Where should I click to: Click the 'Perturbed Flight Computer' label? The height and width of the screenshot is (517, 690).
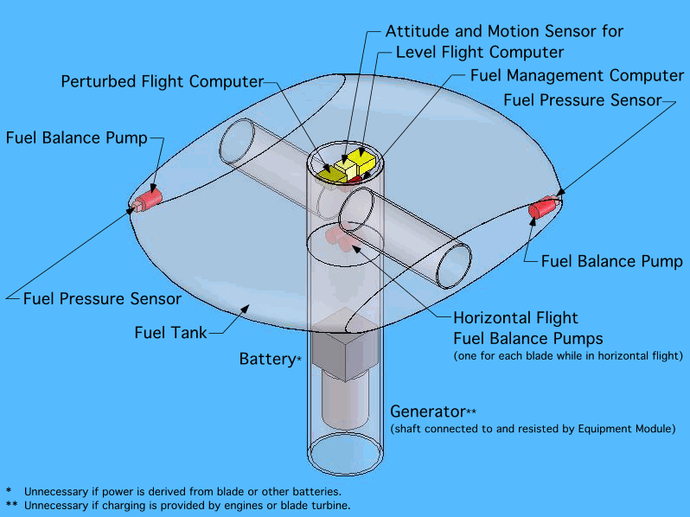tap(162, 81)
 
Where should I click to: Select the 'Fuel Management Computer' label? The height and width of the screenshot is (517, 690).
tap(577, 75)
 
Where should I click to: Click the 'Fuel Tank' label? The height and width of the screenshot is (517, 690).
tap(170, 332)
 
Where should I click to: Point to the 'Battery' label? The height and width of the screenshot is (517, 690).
tap(267, 358)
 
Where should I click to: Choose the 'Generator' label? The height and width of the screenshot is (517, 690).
tap(427, 411)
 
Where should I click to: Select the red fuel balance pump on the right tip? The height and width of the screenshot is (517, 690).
tap(544, 207)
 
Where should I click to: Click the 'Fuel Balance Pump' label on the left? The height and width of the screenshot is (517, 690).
tap(77, 137)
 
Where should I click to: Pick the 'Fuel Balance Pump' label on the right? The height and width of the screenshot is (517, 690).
tap(612, 260)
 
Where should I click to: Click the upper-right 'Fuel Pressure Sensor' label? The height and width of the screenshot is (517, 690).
tap(582, 100)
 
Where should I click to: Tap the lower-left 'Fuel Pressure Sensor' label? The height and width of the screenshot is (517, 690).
tap(102, 299)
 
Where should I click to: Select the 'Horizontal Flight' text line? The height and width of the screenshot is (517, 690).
tap(515, 318)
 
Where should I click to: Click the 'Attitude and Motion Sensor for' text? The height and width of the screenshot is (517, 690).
tap(504, 31)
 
